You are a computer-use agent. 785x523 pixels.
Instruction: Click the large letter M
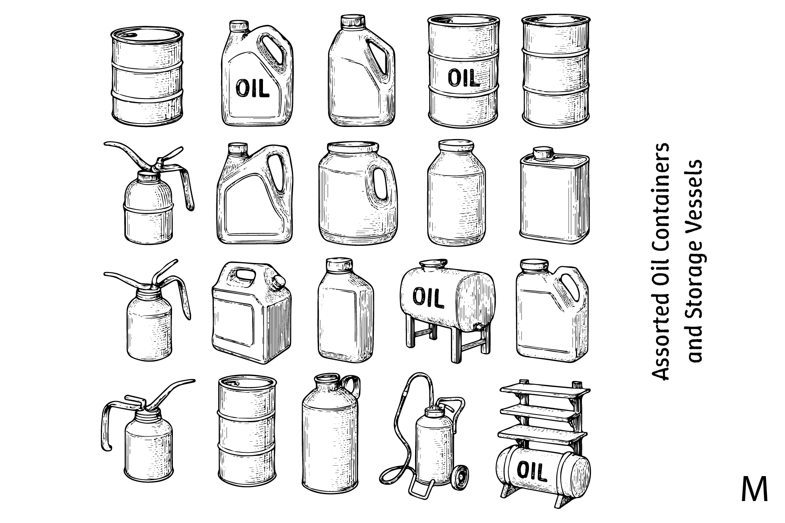tap(754, 489)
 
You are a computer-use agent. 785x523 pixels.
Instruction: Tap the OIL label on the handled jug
tap(252, 88)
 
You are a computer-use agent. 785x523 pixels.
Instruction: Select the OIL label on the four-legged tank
tap(428, 297)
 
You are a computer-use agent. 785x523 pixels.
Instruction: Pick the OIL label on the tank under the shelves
tap(532, 472)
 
